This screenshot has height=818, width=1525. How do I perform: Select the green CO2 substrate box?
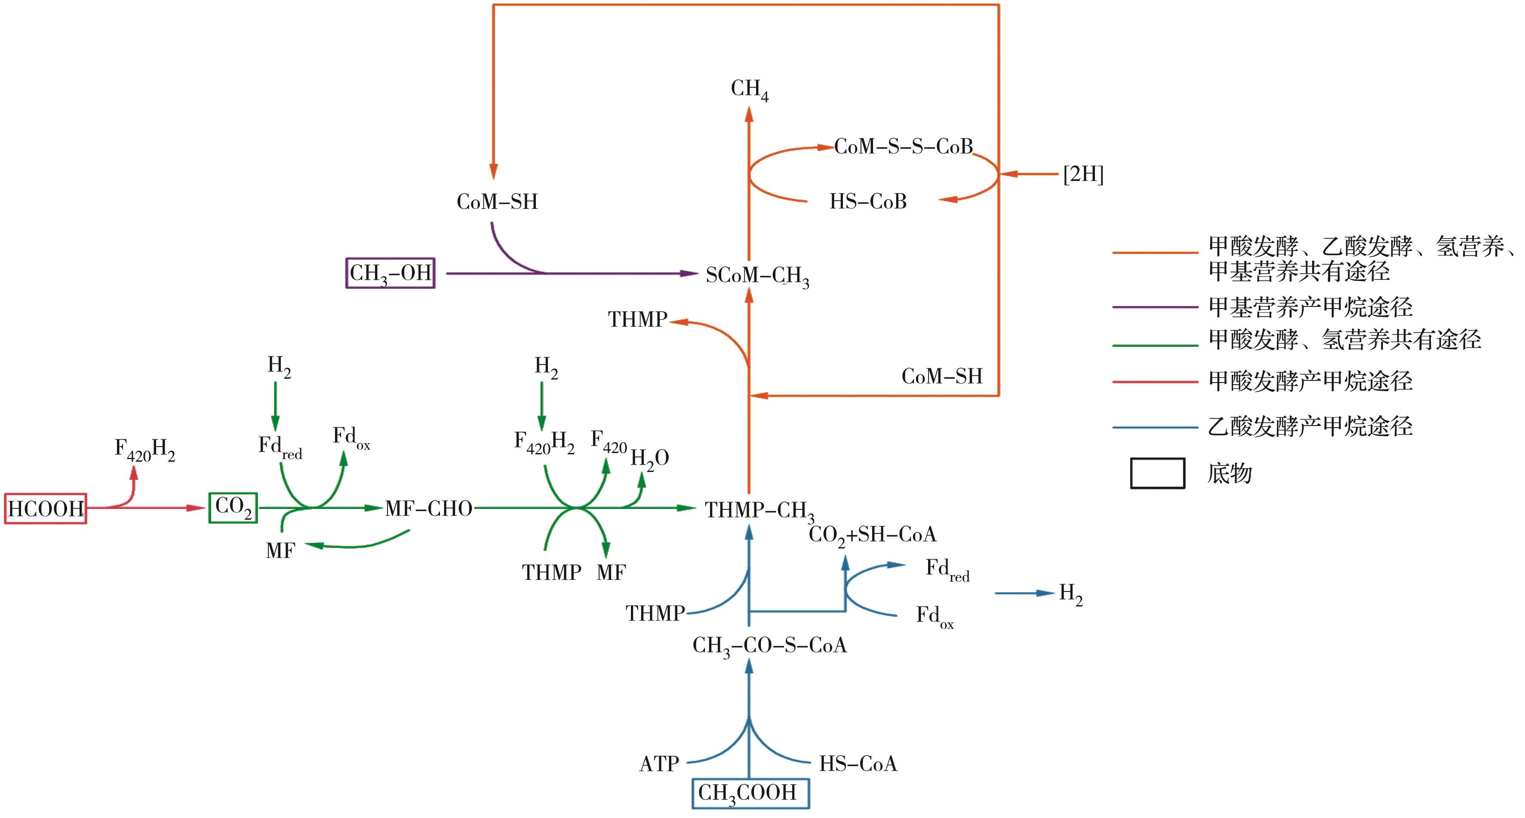(x=233, y=508)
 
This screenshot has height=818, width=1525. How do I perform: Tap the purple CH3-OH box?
(x=390, y=273)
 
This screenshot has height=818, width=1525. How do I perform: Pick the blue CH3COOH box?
(x=750, y=793)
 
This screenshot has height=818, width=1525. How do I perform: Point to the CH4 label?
(x=749, y=89)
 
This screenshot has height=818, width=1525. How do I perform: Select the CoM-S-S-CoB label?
(x=904, y=146)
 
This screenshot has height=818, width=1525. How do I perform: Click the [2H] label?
(x=1083, y=175)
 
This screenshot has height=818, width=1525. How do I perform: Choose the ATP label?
(x=659, y=763)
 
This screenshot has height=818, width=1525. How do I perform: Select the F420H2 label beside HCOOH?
(x=145, y=450)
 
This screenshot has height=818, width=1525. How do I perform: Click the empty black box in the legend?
(x=1157, y=473)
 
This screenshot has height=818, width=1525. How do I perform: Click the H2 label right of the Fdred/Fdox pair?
(x=1070, y=593)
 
